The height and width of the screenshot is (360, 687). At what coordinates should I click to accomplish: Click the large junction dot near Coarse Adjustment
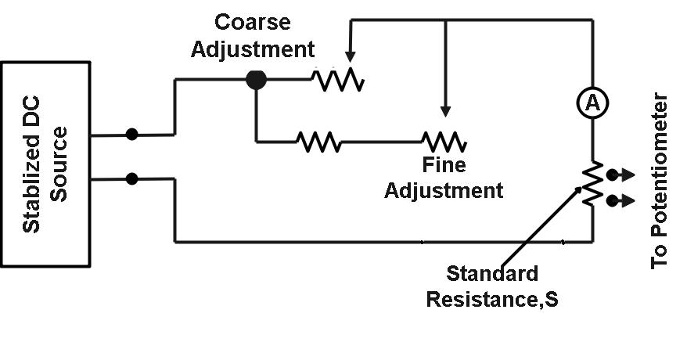pos(256,79)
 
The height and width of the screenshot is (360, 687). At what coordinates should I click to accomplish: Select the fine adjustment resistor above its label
pos(444,142)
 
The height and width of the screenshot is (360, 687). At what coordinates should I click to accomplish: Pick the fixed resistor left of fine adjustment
pos(318,142)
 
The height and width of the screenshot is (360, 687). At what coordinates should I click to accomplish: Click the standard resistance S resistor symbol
pos(592,186)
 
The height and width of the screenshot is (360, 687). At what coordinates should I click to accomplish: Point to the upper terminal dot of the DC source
pos(132,134)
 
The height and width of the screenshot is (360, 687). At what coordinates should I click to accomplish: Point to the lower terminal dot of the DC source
pos(132,178)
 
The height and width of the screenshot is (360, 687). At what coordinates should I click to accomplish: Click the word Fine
pos(443,166)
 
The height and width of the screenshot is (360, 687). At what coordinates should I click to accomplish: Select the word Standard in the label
pos(492,274)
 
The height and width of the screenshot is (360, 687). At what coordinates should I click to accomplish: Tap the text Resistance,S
pos(492,299)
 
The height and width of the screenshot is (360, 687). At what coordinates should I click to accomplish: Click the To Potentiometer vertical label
pos(660,182)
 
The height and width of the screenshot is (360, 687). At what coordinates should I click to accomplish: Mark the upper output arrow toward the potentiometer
pos(620,174)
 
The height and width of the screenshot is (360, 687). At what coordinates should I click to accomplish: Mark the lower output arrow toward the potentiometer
pos(620,200)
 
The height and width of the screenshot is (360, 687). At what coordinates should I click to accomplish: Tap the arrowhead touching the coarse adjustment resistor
pos(349,57)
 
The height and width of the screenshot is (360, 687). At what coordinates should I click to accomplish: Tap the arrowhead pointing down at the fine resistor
pos(446,111)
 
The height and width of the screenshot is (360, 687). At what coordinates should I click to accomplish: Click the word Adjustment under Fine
pos(443,190)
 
